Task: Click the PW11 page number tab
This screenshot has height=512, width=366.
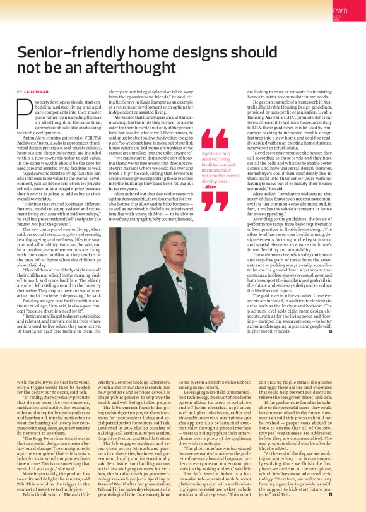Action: point(341,11)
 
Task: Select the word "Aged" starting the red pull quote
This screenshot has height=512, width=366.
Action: point(207,152)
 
